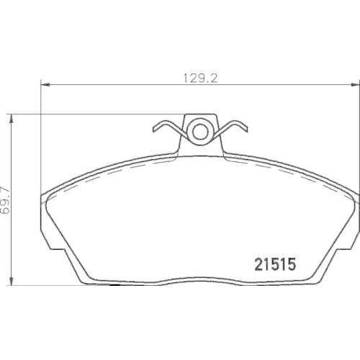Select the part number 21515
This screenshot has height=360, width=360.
point(278,264)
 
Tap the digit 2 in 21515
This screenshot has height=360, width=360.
point(257,264)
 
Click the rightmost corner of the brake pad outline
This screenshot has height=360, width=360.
point(354,196)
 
